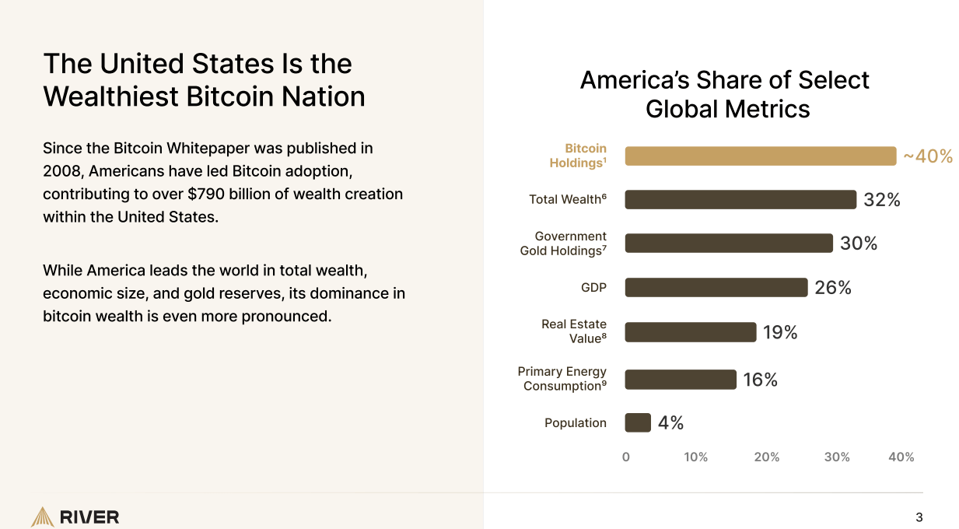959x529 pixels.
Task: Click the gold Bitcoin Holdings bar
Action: [x=760, y=156]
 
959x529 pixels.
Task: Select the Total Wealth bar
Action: [x=740, y=200]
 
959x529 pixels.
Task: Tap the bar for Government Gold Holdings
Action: [x=728, y=243]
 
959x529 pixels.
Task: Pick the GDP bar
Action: [x=716, y=288]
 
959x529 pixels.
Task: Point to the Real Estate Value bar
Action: [x=690, y=332]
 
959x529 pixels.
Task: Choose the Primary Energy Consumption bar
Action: [x=680, y=380]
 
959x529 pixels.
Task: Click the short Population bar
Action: [x=638, y=422]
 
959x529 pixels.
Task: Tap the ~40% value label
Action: [x=927, y=156]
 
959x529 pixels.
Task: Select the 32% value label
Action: [x=881, y=200]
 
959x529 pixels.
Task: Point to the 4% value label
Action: [x=670, y=422]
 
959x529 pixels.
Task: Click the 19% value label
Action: [x=780, y=332]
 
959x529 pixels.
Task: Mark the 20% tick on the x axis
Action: [x=766, y=457]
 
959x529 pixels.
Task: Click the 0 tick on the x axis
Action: [x=626, y=457]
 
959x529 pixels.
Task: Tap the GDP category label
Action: [x=593, y=288]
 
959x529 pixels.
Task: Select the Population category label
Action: [x=575, y=423]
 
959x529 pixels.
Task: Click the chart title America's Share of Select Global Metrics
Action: [x=724, y=94]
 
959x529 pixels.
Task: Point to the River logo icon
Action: [x=42, y=517]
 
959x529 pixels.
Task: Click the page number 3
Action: [x=919, y=517]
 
